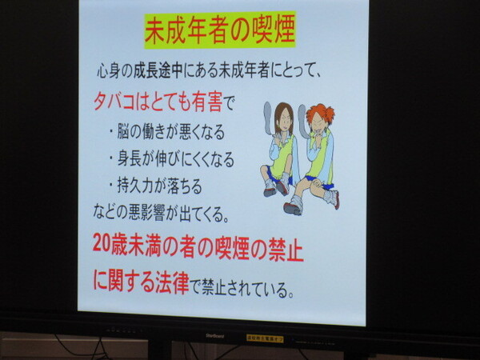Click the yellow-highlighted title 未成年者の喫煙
pos(220,30)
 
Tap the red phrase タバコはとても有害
pos(158,102)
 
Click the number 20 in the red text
pos(102,242)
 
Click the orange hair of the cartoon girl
pos(320,114)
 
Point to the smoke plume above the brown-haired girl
pos(268,118)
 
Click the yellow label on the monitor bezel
pos(265,338)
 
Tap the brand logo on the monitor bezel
pos(214,336)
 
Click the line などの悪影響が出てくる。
pos(161,212)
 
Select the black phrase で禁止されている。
pos(242,287)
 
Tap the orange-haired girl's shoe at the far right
pos(334,198)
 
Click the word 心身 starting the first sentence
pos(108,72)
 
